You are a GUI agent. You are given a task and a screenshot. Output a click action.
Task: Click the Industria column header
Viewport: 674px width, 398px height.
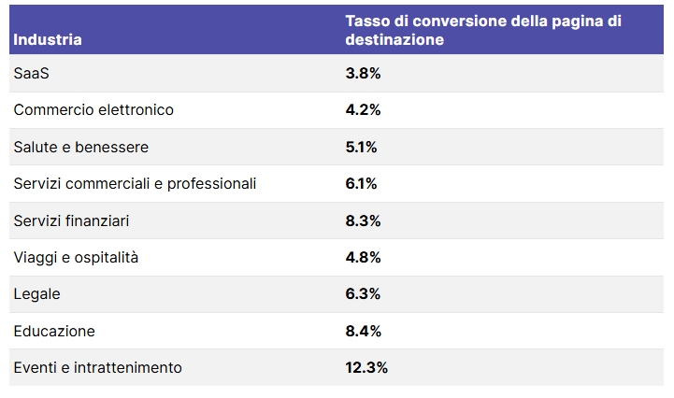coord(48,40)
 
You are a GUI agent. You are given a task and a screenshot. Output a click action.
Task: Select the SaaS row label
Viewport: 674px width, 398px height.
coord(31,73)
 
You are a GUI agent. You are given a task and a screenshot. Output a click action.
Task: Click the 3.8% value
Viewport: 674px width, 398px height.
coord(363,73)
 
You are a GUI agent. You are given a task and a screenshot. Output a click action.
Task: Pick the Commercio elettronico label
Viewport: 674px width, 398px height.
coord(93,110)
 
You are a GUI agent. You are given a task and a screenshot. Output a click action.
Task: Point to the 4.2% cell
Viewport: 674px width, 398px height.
coord(363,110)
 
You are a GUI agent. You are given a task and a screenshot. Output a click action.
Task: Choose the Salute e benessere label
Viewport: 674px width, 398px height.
coord(81,147)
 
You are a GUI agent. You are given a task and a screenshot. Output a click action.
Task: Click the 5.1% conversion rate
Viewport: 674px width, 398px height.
coord(361,147)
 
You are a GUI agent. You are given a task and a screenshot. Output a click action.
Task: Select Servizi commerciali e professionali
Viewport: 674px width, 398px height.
coord(135,184)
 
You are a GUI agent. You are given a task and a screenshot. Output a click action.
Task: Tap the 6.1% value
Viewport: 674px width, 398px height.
coord(361,184)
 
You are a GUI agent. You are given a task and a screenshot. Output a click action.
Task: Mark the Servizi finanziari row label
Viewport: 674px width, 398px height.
coord(71,220)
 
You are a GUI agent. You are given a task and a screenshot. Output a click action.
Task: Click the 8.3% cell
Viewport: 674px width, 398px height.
coord(363,220)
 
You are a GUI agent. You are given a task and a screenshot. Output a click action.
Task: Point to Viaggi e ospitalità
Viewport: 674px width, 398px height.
coord(76,257)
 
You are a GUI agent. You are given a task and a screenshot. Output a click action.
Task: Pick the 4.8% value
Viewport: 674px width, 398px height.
coord(363,257)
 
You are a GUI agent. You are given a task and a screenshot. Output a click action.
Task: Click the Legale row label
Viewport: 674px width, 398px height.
coord(36,294)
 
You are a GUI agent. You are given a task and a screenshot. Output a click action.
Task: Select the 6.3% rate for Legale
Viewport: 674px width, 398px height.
coord(363,294)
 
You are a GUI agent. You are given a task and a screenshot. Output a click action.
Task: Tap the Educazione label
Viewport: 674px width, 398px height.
coord(54,331)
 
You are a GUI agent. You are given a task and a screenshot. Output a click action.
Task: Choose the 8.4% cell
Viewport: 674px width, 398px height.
coord(363,331)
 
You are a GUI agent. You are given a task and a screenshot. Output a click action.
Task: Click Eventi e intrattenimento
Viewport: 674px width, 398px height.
coord(98,368)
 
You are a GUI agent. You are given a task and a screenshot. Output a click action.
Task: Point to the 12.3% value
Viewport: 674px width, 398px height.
coord(366,368)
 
